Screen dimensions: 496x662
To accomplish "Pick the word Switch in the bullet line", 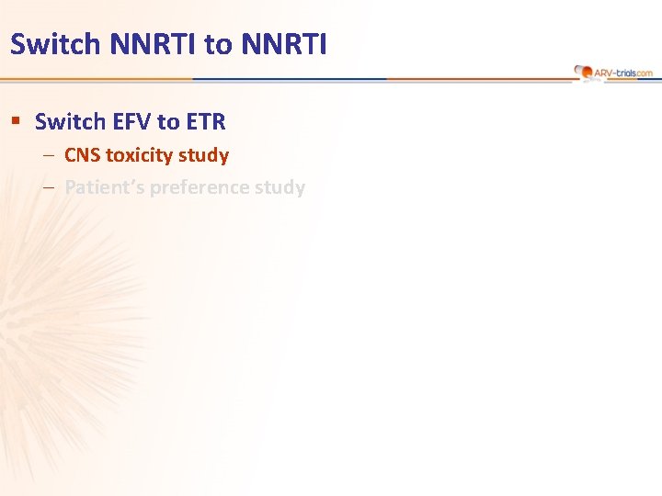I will (x=64, y=121).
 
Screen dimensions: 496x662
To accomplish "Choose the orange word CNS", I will (x=83, y=155).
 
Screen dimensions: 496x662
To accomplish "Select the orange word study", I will (x=206, y=155).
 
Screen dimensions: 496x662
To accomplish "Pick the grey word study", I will (x=281, y=187).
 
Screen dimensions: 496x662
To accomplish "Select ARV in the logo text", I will (x=603, y=72).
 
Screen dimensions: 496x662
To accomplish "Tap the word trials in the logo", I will (x=627, y=72).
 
